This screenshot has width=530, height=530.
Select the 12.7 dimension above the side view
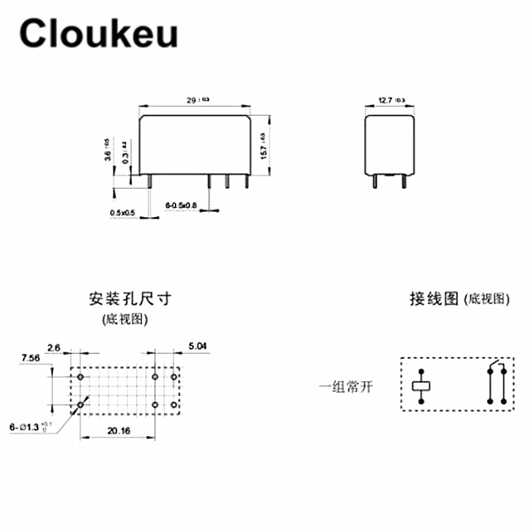click(391, 100)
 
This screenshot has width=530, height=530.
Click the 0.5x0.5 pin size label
click(122, 212)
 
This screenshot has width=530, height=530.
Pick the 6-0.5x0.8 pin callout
click(181, 206)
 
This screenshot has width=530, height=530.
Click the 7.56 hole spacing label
click(32, 358)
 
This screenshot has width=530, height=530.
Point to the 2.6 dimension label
click(54, 346)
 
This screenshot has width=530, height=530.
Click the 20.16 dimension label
click(119, 431)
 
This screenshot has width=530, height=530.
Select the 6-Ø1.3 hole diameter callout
click(30, 427)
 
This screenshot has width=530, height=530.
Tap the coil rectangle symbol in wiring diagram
click(421, 386)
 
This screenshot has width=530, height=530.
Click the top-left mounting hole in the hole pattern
click(81, 377)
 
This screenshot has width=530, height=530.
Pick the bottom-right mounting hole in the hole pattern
click(174, 403)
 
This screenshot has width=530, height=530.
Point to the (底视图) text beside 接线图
click(488, 300)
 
